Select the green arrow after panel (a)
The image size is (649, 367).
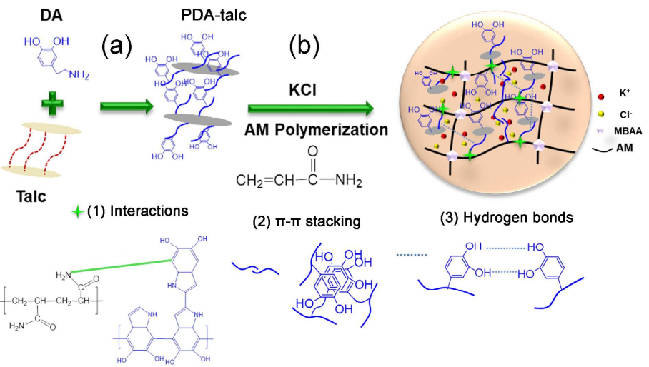[x=126, y=107]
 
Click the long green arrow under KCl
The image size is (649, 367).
[x=310, y=109]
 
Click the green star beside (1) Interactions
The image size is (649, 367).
[x=77, y=212]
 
